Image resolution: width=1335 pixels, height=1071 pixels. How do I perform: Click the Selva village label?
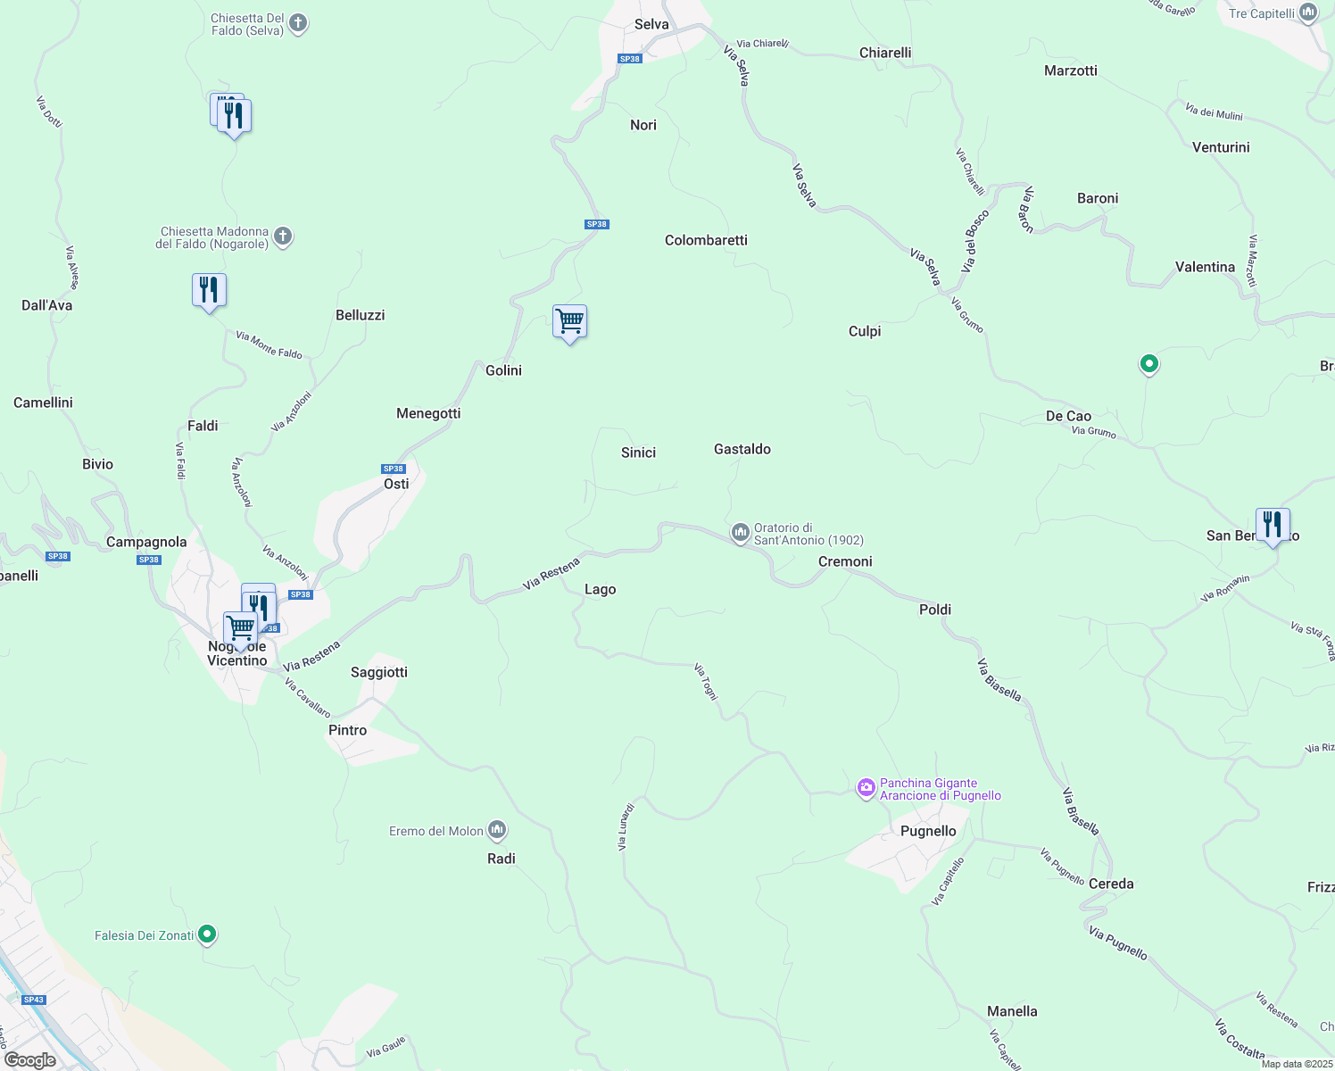pyautogui.click(x=651, y=25)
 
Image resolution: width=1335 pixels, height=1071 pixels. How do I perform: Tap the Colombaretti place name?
pyautogui.click(x=706, y=240)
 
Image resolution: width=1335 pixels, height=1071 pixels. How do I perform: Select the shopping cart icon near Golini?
pyautogui.click(x=569, y=320)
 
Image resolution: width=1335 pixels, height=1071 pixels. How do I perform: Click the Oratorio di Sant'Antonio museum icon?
pyautogui.click(x=740, y=534)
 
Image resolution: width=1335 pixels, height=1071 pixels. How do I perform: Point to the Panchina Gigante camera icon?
pyautogui.click(x=866, y=788)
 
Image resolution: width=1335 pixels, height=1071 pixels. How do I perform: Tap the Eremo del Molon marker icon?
pyautogui.click(x=497, y=831)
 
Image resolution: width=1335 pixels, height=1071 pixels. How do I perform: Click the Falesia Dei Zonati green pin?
pyautogui.click(x=207, y=934)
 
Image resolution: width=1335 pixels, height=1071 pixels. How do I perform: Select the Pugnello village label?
pyautogui.click(x=928, y=831)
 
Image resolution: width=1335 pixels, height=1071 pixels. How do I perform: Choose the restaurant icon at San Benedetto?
pyautogui.click(x=1273, y=524)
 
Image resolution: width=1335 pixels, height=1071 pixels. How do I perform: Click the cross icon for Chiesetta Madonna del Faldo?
pyautogui.click(x=283, y=237)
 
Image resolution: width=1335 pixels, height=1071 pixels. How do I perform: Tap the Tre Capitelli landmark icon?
pyautogui.click(x=1308, y=12)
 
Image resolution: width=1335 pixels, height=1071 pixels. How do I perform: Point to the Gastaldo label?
pyautogui.click(x=742, y=449)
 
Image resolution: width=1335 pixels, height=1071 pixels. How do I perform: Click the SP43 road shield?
pyautogui.click(x=34, y=1000)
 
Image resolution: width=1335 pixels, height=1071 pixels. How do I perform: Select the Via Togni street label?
pyautogui.click(x=706, y=682)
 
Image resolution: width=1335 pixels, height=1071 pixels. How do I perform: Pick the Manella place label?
pyautogui.click(x=1012, y=1011)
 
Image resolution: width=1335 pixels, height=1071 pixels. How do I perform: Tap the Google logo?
pyautogui.click(x=30, y=1060)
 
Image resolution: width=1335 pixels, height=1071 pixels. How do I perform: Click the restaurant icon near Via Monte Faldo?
pyautogui.click(x=209, y=290)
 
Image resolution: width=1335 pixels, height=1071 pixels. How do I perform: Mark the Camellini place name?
pyautogui.click(x=43, y=403)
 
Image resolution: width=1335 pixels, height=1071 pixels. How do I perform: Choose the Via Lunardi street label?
pyautogui.click(x=626, y=826)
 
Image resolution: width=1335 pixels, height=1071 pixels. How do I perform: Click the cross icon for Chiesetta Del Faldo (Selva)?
pyautogui.click(x=298, y=23)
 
